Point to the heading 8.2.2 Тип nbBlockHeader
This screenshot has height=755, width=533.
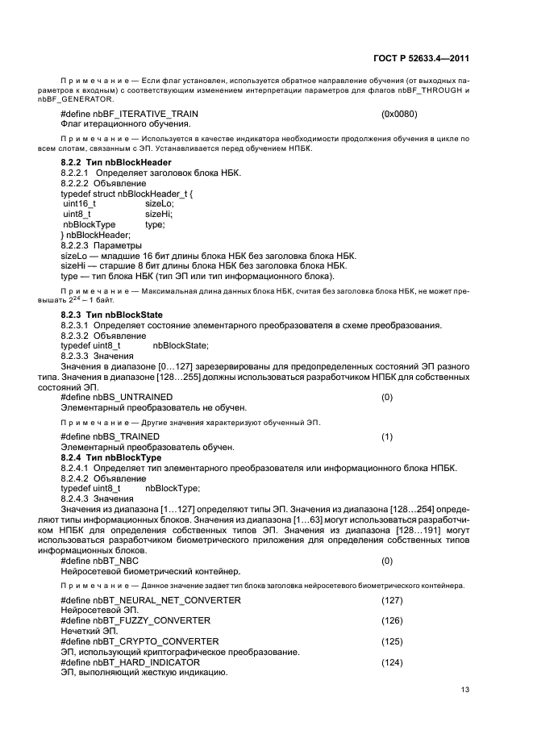pos(116,163)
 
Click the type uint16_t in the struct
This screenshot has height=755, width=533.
pos(80,204)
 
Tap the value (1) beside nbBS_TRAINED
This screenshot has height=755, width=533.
pos(387,437)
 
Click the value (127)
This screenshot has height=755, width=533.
pos(392,600)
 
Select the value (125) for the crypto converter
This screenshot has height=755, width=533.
pos(392,641)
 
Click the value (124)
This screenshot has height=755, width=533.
pos(392,662)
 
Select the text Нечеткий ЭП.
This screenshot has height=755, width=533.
pos(85,631)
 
